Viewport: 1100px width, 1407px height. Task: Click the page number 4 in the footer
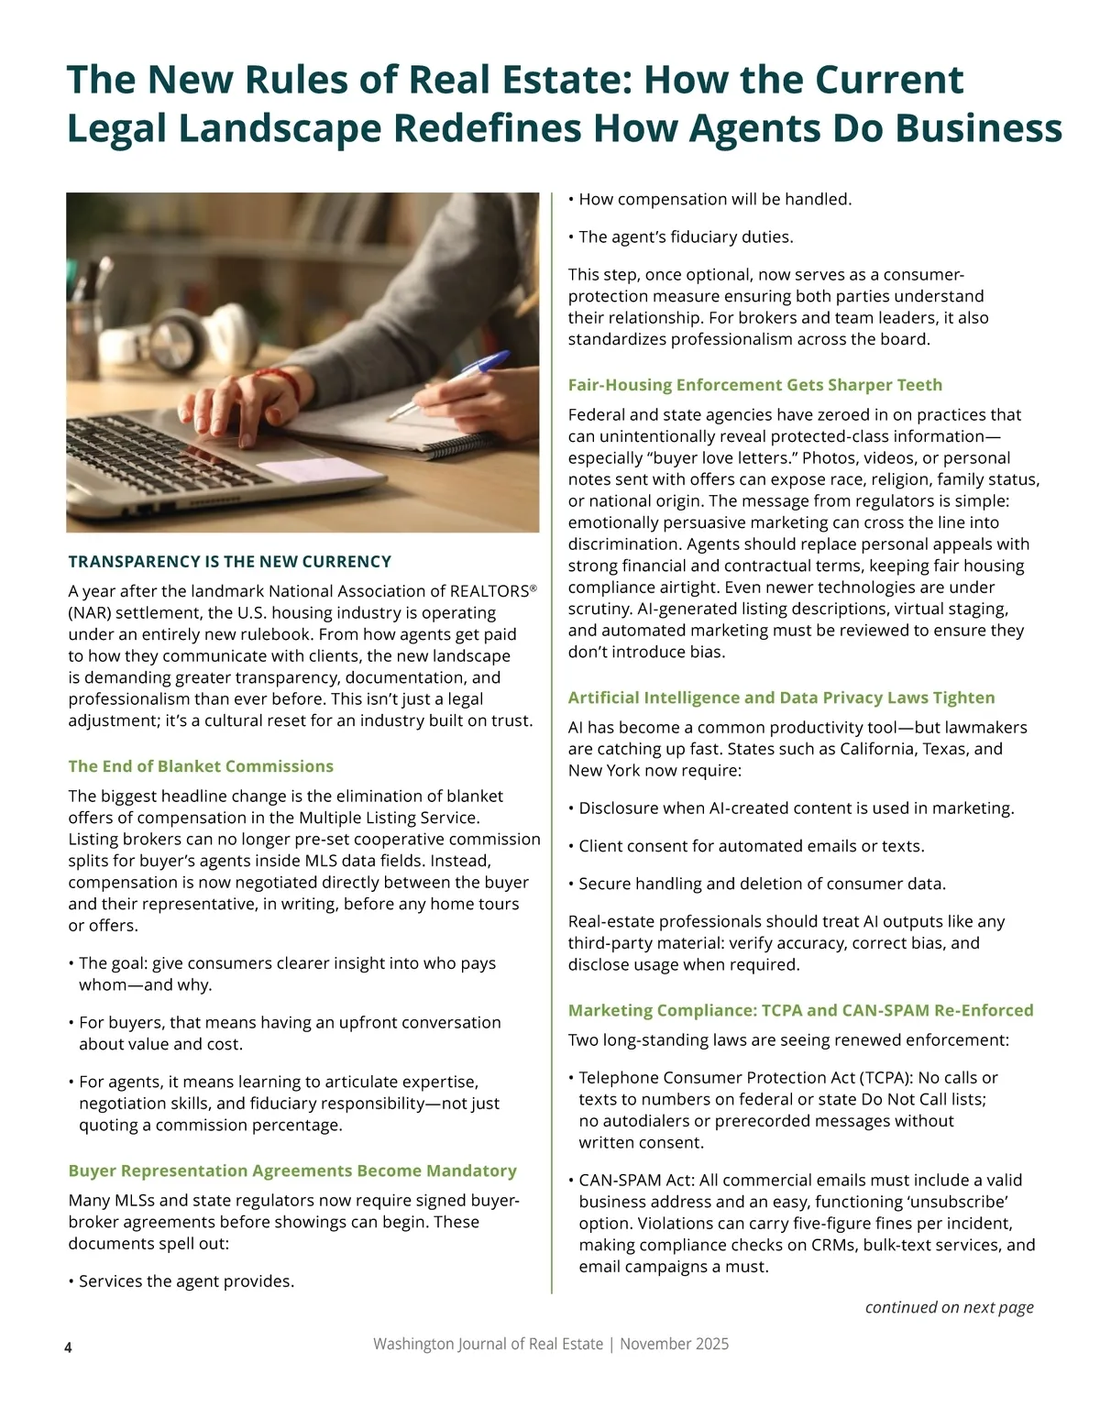pyautogui.click(x=68, y=1347)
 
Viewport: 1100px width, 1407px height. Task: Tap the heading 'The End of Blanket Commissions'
pyautogui.click(x=201, y=766)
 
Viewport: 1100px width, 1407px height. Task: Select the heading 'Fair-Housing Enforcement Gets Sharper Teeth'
pyautogui.click(x=754, y=385)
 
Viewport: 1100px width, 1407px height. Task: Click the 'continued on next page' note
pyautogui.click(x=949, y=1307)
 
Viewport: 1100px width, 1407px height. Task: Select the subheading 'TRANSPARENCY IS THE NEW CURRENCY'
pyautogui.click(x=229, y=562)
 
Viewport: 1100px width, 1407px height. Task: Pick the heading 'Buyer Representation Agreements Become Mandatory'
pyautogui.click(x=292, y=1171)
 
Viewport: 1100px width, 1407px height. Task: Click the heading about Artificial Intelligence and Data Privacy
pyautogui.click(x=781, y=698)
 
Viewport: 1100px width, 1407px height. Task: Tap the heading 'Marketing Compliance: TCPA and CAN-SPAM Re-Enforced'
pyautogui.click(x=800, y=1010)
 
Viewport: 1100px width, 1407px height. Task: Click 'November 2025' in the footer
pyautogui.click(x=674, y=1344)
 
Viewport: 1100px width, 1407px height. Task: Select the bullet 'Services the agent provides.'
pyautogui.click(x=186, y=1281)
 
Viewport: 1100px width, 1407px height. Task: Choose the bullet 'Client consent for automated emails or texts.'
pyautogui.click(x=751, y=846)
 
